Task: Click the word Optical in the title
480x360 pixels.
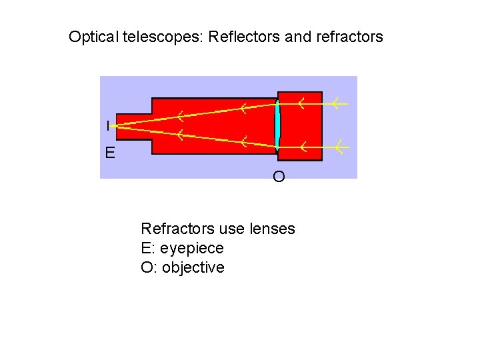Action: point(93,36)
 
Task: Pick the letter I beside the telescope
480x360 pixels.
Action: point(108,125)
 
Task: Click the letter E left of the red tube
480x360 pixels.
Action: point(109,154)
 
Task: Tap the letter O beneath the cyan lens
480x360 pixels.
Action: point(279,177)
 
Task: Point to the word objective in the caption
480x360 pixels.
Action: point(193,268)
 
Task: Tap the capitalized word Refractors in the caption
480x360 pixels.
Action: point(177,229)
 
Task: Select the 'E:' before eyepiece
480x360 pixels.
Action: point(147,249)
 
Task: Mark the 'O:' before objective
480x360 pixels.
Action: point(149,268)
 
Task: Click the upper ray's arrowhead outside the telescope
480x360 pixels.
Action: point(337,103)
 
